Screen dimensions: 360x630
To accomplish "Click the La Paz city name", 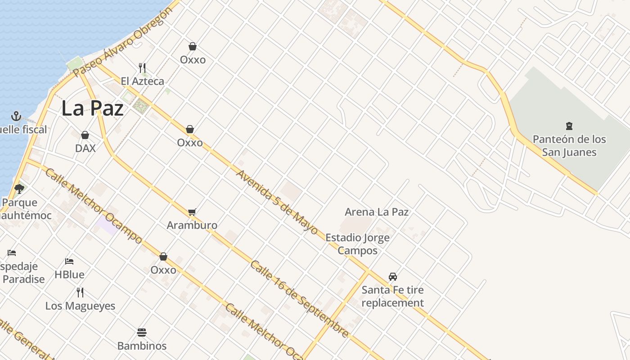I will coord(92,108).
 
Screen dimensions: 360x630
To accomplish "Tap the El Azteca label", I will coord(142,81).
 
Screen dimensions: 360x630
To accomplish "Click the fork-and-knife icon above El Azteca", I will coord(142,68).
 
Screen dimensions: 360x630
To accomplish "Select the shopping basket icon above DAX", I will coord(85,135).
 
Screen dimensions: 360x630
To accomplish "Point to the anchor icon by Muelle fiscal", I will coord(16,116).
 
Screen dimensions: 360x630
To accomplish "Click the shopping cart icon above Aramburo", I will coord(192,212).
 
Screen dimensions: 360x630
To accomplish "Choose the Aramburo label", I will coord(192,225).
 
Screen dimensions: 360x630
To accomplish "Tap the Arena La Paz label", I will coord(377,211).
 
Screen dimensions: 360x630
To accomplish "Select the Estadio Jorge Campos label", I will coord(357,244).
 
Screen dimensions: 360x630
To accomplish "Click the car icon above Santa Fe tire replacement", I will coord(393,276).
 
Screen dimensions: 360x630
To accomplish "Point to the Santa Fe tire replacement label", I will coord(393,296).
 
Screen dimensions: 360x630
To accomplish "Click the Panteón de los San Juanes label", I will coord(569,145).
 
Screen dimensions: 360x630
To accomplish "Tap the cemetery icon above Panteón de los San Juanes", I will coord(569,126).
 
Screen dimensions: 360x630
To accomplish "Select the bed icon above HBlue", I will coord(69,261).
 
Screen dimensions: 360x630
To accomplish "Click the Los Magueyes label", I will coord(80,306).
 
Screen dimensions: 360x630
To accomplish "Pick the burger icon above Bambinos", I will coord(142,333).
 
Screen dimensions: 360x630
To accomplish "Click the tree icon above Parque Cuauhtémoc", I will coord(19,189).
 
